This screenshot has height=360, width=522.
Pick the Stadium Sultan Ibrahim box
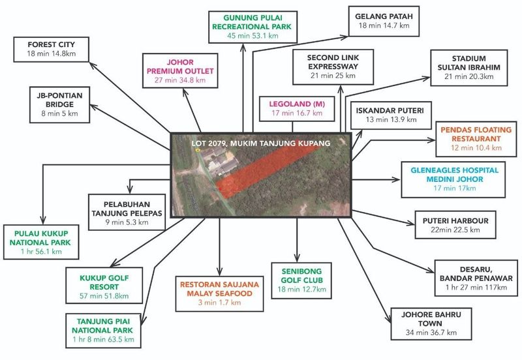pyautogui.click(x=466, y=67)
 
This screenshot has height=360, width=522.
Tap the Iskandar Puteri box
pyautogui.click(x=389, y=115)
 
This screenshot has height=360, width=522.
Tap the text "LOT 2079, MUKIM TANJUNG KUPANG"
pyautogui.click(x=261, y=142)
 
